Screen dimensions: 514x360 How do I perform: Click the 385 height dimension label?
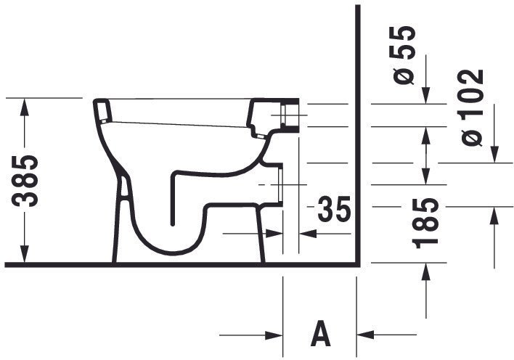click(25, 181)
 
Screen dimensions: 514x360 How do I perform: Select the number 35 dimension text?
click(334, 209)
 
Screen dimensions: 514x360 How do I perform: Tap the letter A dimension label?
click(320, 333)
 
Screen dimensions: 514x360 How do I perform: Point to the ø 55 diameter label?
click(404, 54)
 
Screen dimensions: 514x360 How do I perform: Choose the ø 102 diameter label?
click(472, 107)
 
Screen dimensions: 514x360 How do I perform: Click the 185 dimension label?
click(425, 223)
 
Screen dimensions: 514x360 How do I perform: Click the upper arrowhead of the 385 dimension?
click(24, 107)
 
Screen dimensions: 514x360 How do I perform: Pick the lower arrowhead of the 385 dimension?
click(24, 254)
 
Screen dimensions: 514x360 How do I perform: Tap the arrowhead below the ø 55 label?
click(426, 95)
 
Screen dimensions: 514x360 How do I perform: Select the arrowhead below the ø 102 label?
click(494, 154)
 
